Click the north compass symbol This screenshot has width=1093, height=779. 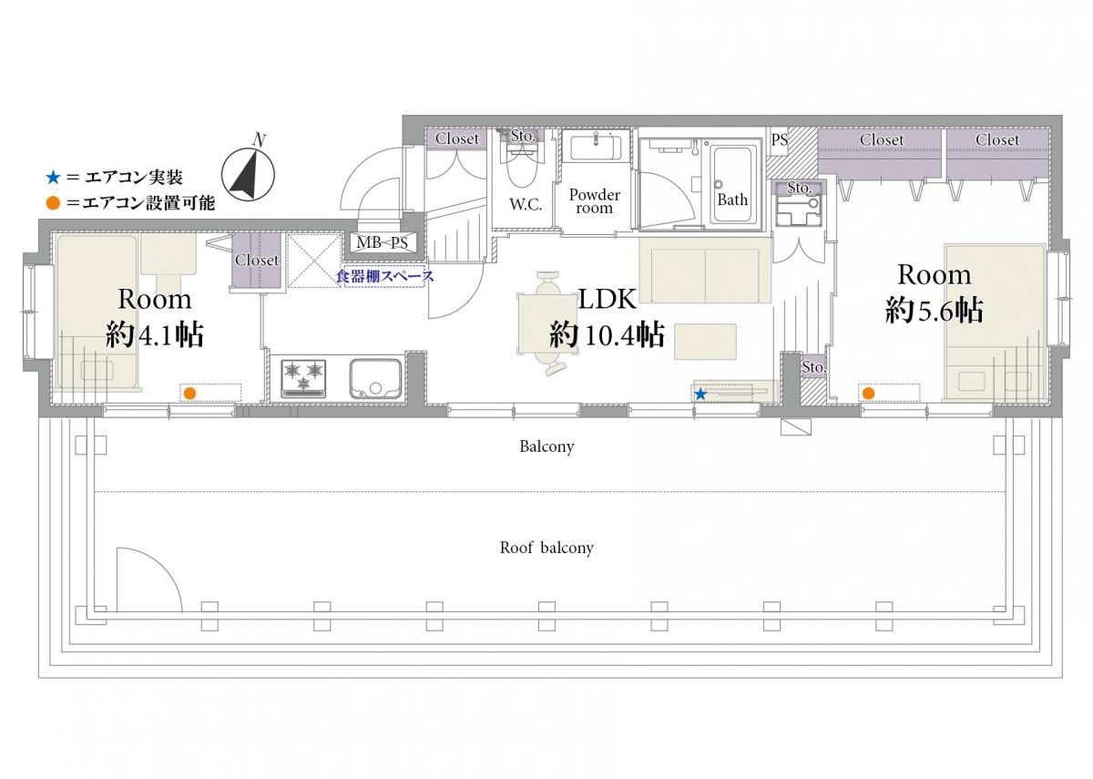click(248, 174)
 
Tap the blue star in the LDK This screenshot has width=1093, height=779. click(700, 394)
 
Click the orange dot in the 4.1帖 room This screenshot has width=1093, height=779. click(189, 393)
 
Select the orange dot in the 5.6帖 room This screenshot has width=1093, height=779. click(868, 393)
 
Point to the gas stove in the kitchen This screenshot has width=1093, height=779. click(303, 378)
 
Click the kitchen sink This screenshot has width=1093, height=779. click(375, 379)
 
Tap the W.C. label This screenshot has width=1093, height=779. click(526, 204)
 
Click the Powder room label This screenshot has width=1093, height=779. click(594, 201)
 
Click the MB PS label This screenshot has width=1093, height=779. click(382, 242)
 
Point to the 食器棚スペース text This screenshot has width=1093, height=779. click(385, 276)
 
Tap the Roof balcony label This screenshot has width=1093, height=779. click(546, 548)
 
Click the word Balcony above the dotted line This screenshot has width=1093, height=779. click(546, 446)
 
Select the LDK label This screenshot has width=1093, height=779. click(607, 299)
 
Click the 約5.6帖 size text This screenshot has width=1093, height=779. click(934, 311)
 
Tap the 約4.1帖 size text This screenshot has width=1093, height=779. click(154, 334)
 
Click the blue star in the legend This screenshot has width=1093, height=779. click(53, 177)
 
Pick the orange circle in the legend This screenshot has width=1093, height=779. click(53, 203)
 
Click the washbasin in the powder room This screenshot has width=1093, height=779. click(596, 148)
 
